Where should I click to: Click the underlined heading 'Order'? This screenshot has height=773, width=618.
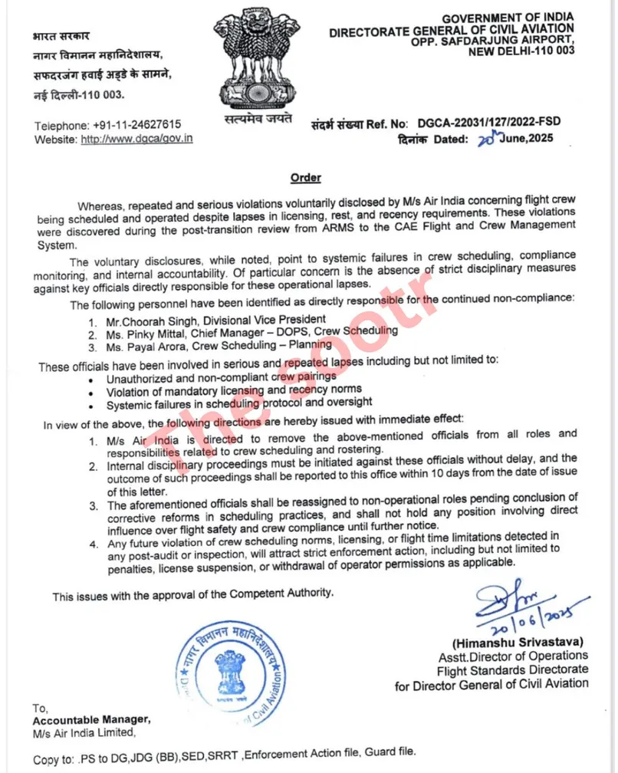pos(305,178)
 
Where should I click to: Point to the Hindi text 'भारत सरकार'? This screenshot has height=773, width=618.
pos(61,36)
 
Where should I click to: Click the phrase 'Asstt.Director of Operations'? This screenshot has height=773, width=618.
pos(513,655)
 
